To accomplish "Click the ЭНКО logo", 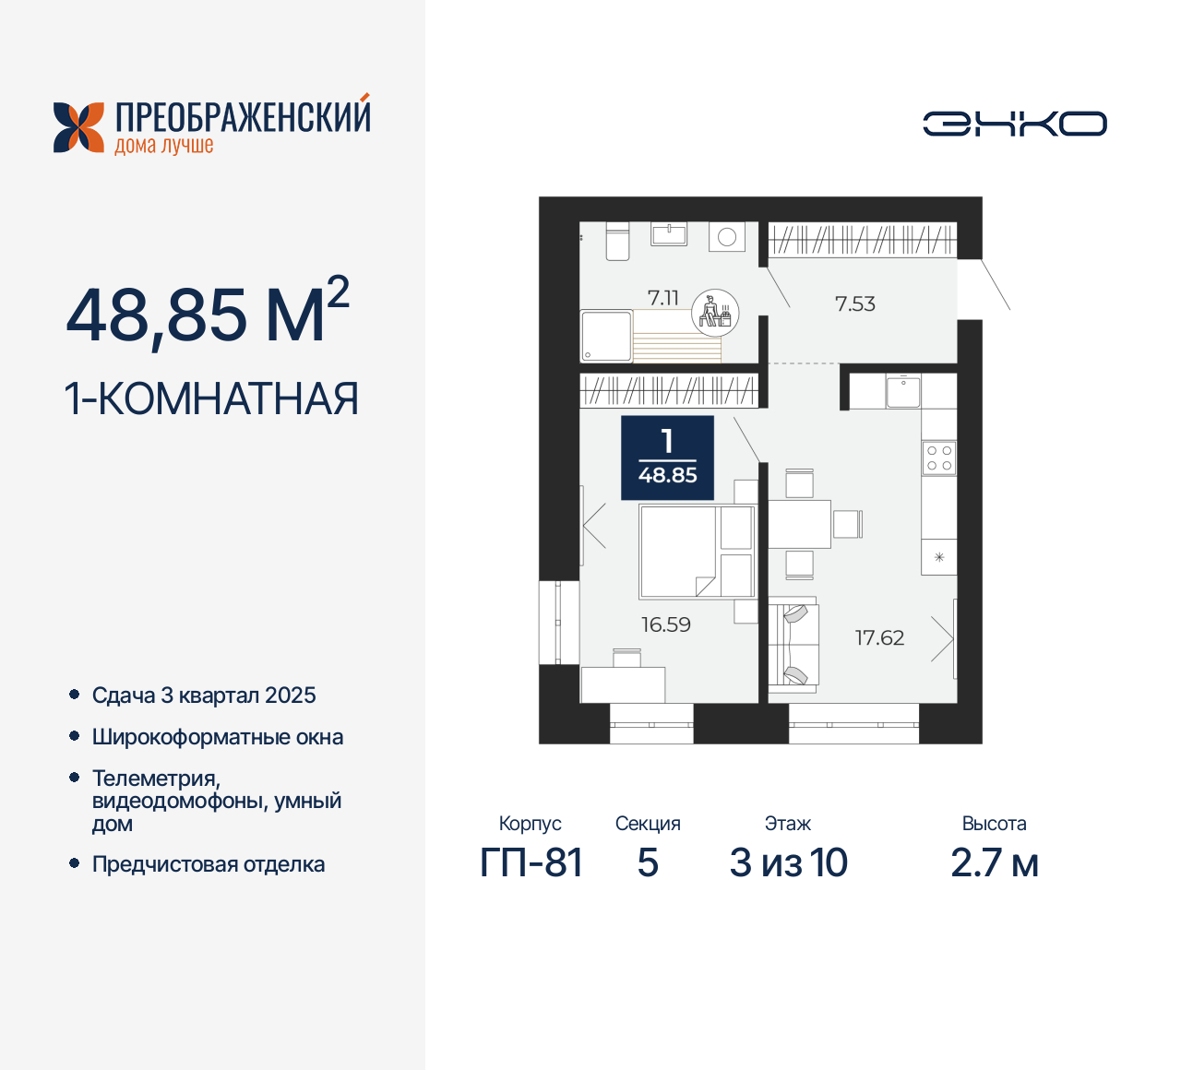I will [1015, 124].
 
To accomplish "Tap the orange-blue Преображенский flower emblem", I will [78, 127].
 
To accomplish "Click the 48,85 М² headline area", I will [208, 314].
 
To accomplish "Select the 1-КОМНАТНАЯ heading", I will [211, 399].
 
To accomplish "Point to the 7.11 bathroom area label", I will [662, 298].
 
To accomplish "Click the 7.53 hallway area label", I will [854, 304].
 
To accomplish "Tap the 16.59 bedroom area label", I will [666, 625].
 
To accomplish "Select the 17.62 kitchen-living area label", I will [879, 638].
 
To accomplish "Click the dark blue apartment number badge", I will [667, 458].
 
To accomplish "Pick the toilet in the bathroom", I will [616, 241].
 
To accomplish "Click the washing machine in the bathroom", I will [727, 237].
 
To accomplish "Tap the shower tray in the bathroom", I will [606, 336].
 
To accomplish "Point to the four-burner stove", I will [939, 458].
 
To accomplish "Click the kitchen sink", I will [902, 392].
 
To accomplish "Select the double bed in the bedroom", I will [697, 552].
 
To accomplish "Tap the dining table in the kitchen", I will [799, 524].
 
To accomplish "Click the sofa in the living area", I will [794, 644].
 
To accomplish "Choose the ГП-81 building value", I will [531, 863].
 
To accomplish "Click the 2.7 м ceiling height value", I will [995, 863].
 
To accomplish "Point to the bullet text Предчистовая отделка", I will [209, 865].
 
